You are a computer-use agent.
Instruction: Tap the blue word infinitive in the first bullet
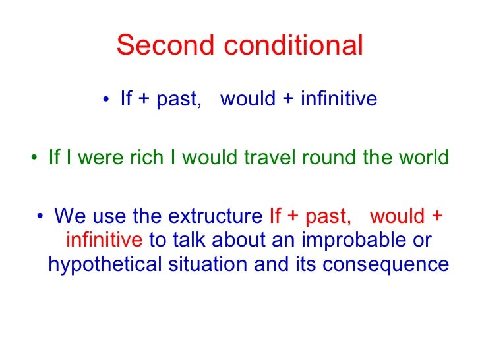tap(339, 99)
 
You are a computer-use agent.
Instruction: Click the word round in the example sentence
tap(330, 158)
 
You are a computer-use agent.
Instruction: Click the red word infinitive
tap(104, 239)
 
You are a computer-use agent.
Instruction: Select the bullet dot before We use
tap(42, 216)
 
